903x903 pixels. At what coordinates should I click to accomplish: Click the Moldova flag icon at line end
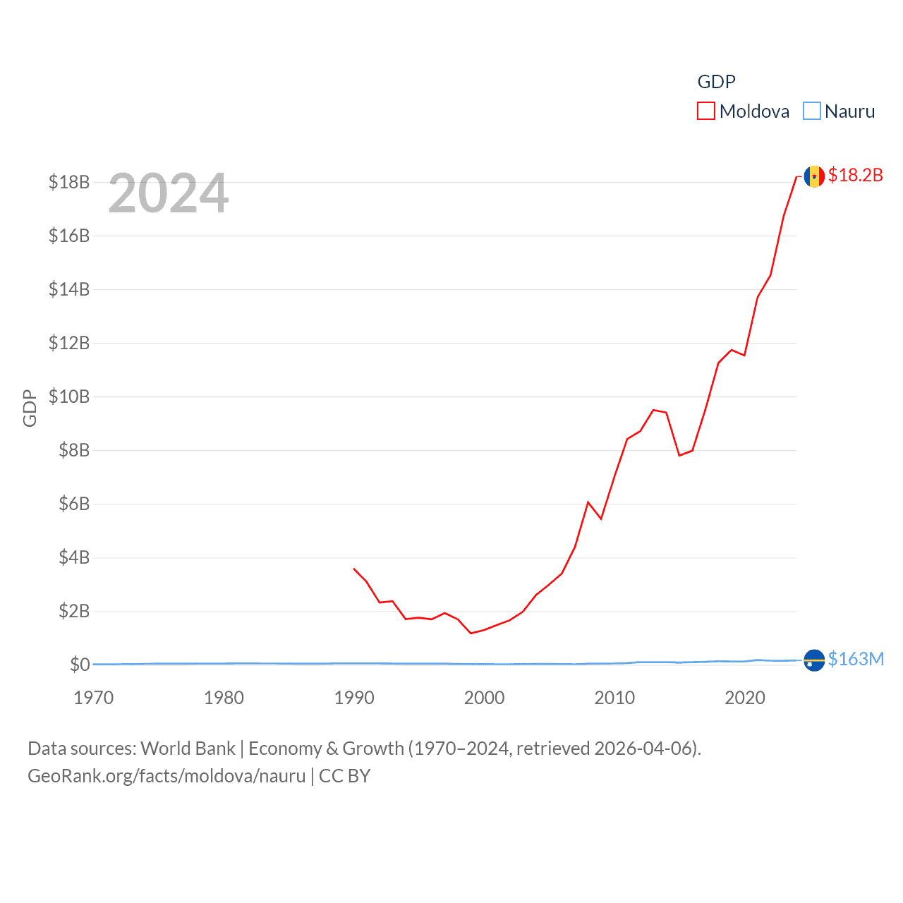pyautogui.click(x=814, y=176)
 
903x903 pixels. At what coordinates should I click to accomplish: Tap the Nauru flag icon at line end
pyautogui.click(x=814, y=660)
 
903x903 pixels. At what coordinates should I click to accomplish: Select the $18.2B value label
pyautogui.click(x=855, y=175)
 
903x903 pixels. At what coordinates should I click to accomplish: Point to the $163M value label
pyautogui.click(x=856, y=659)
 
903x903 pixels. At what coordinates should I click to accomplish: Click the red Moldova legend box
pyautogui.click(x=706, y=111)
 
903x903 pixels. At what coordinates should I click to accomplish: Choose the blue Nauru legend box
pyautogui.click(x=812, y=111)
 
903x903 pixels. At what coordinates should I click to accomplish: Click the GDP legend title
pyautogui.click(x=716, y=82)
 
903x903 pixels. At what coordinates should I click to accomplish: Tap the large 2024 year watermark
pyautogui.click(x=169, y=193)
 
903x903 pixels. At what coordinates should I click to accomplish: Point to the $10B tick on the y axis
pyautogui.click(x=69, y=396)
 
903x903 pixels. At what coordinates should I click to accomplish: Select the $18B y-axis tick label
pyautogui.click(x=69, y=182)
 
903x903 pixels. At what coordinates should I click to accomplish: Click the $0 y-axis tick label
pyautogui.click(x=80, y=665)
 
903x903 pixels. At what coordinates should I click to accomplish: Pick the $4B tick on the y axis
pyautogui.click(x=74, y=557)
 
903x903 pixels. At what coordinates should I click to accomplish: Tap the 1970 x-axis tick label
pyautogui.click(x=94, y=698)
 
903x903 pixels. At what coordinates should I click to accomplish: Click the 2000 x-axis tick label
pyautogui.click(x=485, y=698)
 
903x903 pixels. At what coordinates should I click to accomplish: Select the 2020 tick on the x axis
pyautogui.click(x=745, y=698)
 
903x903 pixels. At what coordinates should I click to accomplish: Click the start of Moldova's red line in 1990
pyautogui.click(x=354, y=569)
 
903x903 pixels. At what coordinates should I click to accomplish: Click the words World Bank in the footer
pyautogui.click(x=188, y=748)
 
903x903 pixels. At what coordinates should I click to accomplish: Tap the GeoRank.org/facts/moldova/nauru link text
pyautogui.click(x=166, y=776)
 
